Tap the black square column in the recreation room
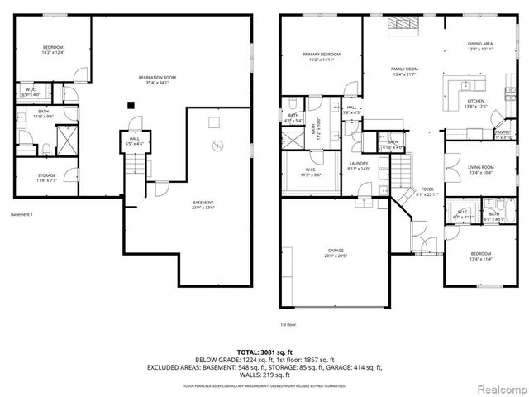pos(130,104)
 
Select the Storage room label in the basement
pos(46,177)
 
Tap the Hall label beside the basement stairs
pos(133,142)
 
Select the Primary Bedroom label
pos(322,57)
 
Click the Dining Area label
pos(480,46)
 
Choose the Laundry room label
pos(359,165)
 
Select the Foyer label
pos(427,192)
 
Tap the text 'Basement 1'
pos(21,214)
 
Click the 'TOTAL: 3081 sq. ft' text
pos(264,352)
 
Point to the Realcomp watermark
pos(498,388)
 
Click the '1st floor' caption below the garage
pos(288,325)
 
